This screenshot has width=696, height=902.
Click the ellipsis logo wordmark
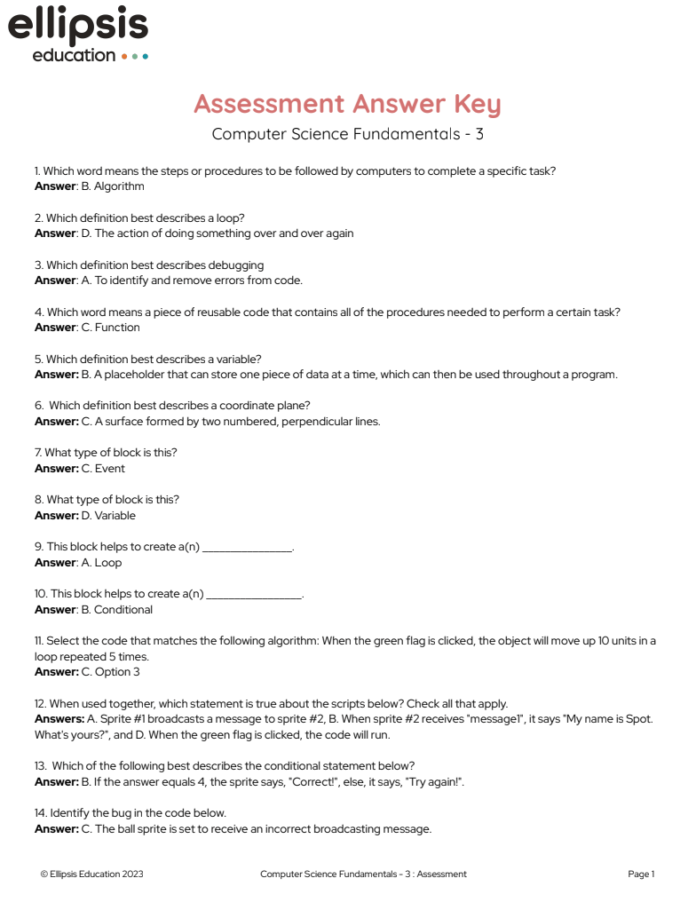tap(78, 27)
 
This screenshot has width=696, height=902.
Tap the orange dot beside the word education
tap(124, 56)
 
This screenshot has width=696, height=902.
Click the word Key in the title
tap(477, 104)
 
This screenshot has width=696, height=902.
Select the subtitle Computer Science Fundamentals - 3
tap(348, 135)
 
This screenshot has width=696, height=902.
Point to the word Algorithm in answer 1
tap(119, 186)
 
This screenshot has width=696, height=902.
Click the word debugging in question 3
tap(235, 265)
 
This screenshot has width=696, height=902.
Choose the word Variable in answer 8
tap(115, 516)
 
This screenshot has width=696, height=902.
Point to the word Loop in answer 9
tap(108, 563)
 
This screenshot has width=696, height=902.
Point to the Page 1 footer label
tap(641, 874)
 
